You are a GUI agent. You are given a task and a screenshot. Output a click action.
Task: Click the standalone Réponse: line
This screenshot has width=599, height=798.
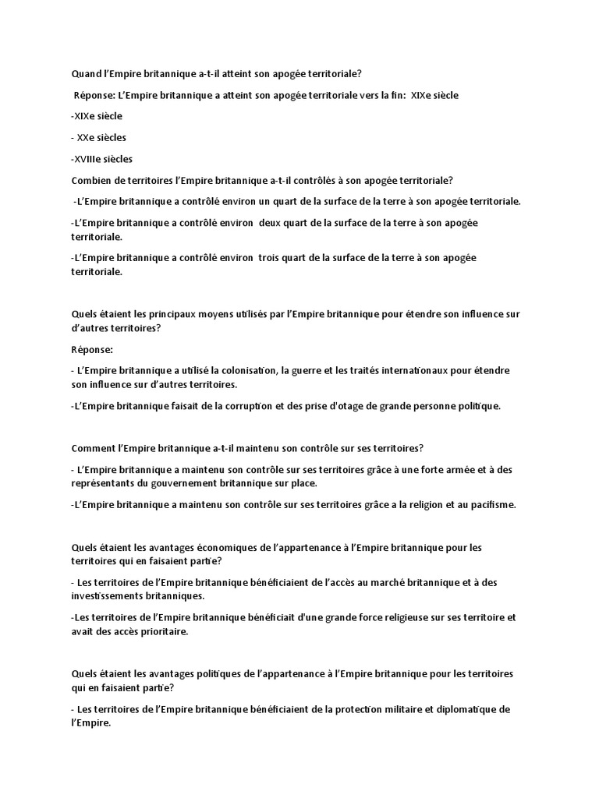(x=92, y=350)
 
